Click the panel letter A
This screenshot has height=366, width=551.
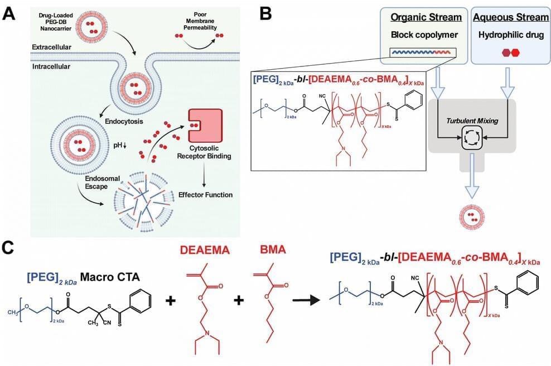(x=9, y=13)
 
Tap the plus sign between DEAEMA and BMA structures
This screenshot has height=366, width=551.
(x=239, y=300)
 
